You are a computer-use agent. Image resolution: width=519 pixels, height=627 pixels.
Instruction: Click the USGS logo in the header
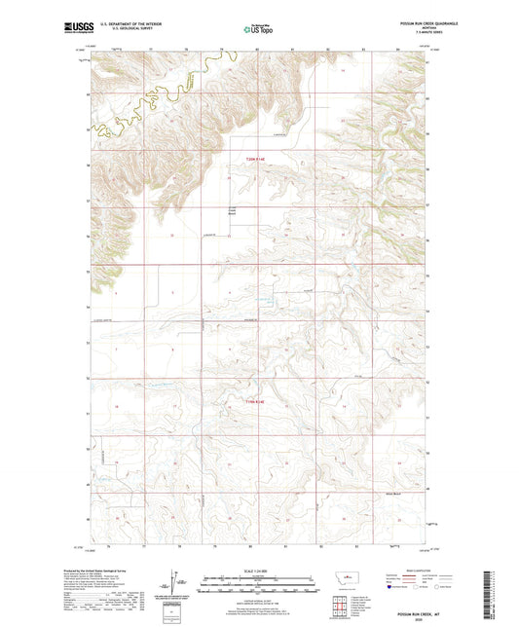point(76,29)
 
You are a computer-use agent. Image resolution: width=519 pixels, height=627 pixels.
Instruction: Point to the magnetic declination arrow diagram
point(178,584)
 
